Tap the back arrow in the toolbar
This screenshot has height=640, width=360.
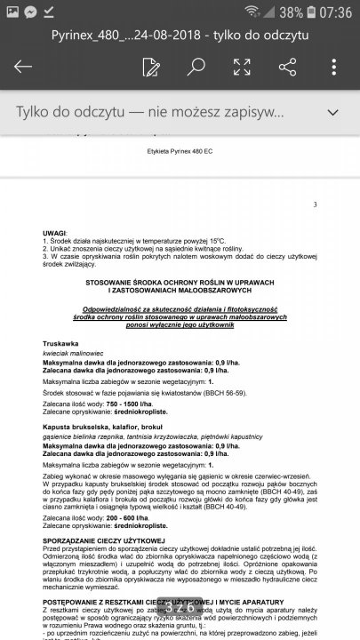point(23,68)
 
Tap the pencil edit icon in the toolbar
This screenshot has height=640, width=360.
point(150,68)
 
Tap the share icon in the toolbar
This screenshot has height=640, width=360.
point(287,68)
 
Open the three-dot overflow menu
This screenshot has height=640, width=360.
point(334,68)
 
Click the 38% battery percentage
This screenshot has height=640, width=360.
point(290,12)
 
